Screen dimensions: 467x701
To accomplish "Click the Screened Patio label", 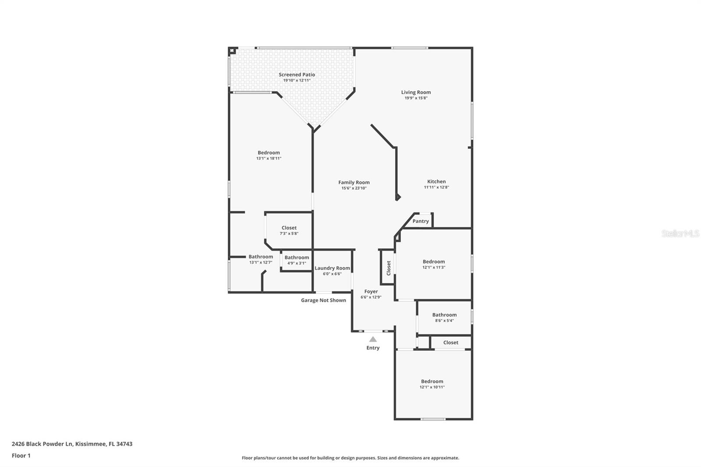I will (297, 74).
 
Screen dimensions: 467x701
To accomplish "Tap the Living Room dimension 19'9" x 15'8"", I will (416, 98).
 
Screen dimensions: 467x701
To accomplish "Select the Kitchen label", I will (436, 181).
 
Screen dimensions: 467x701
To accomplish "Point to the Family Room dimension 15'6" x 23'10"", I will (354, 188).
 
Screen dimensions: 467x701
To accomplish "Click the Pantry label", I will (421, 221).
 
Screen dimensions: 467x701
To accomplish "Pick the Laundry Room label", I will (332, 268).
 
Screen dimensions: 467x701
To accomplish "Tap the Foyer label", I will (371, 291).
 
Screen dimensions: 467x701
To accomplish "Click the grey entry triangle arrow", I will (373, 339).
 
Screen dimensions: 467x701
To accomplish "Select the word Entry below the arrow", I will (373, 348).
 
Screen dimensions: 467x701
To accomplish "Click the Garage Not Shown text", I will (323, 301).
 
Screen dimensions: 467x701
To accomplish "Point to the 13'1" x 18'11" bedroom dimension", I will (269, 159).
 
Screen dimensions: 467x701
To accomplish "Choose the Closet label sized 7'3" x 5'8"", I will (289, 228).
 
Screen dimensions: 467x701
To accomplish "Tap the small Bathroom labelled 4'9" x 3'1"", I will (297, 258).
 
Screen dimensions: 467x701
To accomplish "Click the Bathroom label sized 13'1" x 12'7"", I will (261, 257).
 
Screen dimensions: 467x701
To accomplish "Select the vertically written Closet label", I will (389, 268).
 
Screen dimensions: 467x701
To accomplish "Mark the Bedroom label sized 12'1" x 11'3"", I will (434, 262).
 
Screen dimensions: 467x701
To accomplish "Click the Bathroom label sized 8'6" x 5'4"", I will (444, 315).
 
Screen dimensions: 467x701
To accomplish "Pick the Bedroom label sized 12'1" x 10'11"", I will (432, 381).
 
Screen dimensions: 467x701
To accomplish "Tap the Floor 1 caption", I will (21, 456).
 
